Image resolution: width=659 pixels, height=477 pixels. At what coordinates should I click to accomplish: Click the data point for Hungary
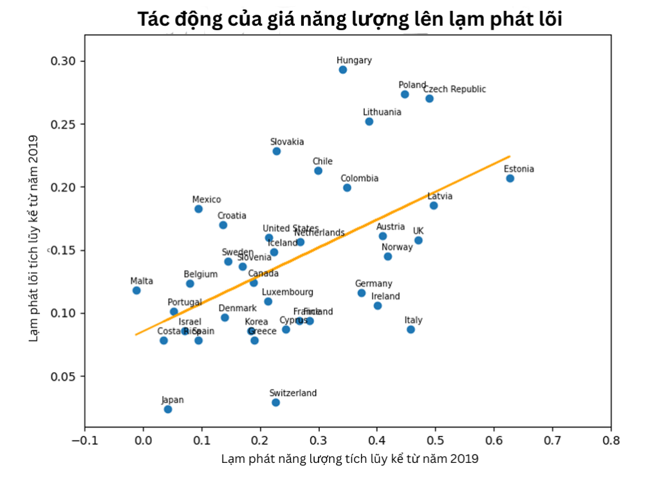[343, 69]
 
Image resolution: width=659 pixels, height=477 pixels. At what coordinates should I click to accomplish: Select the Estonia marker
[510, 178]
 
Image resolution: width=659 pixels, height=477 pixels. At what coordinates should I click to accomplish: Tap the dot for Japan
[168, 409]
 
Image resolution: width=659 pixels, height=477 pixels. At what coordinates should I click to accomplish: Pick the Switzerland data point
[275, 402]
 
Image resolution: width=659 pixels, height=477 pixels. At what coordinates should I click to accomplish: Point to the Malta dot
[136, 291]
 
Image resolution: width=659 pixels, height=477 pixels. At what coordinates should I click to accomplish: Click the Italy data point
[411, 329]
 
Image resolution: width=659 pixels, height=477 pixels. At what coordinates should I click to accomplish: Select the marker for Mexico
[198, 209]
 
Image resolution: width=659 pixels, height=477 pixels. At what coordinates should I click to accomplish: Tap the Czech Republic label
[454, 89]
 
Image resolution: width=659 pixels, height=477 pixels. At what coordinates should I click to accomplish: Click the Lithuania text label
[382, 112]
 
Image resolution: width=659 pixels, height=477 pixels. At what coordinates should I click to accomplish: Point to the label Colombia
[359, 178]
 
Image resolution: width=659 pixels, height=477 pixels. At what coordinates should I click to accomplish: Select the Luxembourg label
[287, 292]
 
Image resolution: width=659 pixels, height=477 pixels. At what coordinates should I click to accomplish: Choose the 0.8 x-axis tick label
[611, 442]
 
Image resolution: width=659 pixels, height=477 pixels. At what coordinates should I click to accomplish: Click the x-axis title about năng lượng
[350, 459]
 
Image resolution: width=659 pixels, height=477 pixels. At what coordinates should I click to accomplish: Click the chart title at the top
[350, 19]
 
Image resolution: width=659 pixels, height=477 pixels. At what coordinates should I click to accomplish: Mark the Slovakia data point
[277, 151]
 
